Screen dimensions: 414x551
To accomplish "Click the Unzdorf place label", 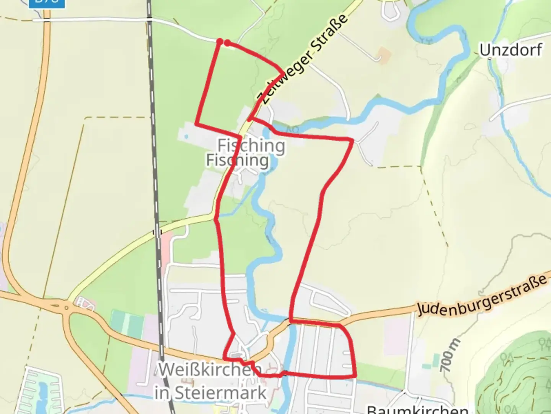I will (x=510, y=50).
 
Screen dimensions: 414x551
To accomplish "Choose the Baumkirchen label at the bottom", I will (x=417, y=409).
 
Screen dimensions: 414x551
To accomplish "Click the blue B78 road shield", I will (x=47, y=2).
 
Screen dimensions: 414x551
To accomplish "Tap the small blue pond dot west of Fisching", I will (x=186, y=136).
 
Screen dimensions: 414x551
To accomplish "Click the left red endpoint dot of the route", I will (x=220, y=41).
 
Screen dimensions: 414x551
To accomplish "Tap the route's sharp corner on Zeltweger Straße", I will (x=284, y=73).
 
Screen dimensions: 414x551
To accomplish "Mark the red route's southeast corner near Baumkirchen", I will (x=355, y=376).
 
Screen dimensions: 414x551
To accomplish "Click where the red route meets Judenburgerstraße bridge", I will (x=291, y=320).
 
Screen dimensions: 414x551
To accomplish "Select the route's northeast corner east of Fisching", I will (x=352, y=141).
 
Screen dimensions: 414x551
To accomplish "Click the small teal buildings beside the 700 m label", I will (x=435, y=360).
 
